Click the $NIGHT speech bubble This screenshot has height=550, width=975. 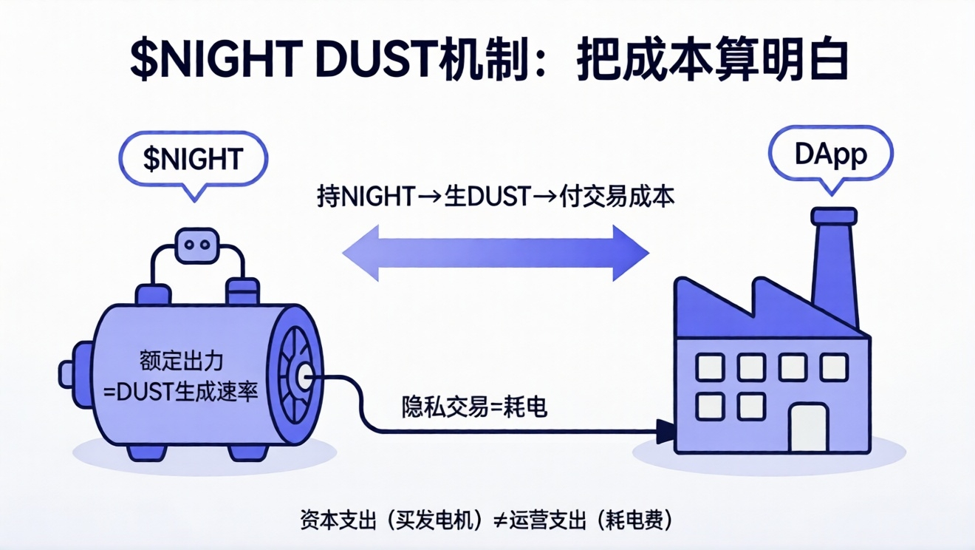coord(193,159)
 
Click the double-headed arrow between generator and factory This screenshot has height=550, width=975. coord(496,254)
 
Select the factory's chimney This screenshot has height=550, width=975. coord(835,266)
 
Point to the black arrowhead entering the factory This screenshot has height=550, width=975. coord(666,428)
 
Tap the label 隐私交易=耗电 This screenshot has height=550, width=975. coord(475,407)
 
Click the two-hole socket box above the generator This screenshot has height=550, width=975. coord(197,245)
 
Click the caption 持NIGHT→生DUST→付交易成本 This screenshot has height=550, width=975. coord(496,197)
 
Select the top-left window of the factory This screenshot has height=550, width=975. coord(710,367)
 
